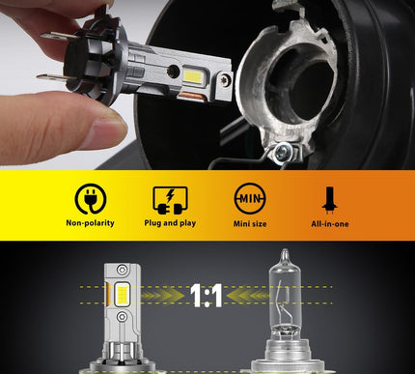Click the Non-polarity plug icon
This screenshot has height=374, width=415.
pyautogui.click(x=90, y=199)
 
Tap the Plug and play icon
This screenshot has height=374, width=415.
pyautogui.click(x=170, y=199)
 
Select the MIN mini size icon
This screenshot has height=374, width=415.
pyautogui.click(x=249, y=199)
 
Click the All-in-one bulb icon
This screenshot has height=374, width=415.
pyautogui.click(x=329, y=199)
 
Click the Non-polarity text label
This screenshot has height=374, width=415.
pyautogui.click(x=90, y=223)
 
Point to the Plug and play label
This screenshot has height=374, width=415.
pyautogui.click(x=170, y=223)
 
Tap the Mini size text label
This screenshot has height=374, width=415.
pyautogui.click(x=249, y=223)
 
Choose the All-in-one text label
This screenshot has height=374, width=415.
pyautogui.click(x=329, y=223)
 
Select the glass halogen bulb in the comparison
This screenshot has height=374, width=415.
pyautogui.click(x=284, y=300)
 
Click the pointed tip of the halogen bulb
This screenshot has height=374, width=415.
pyautogui.click(x=284, y=253)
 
